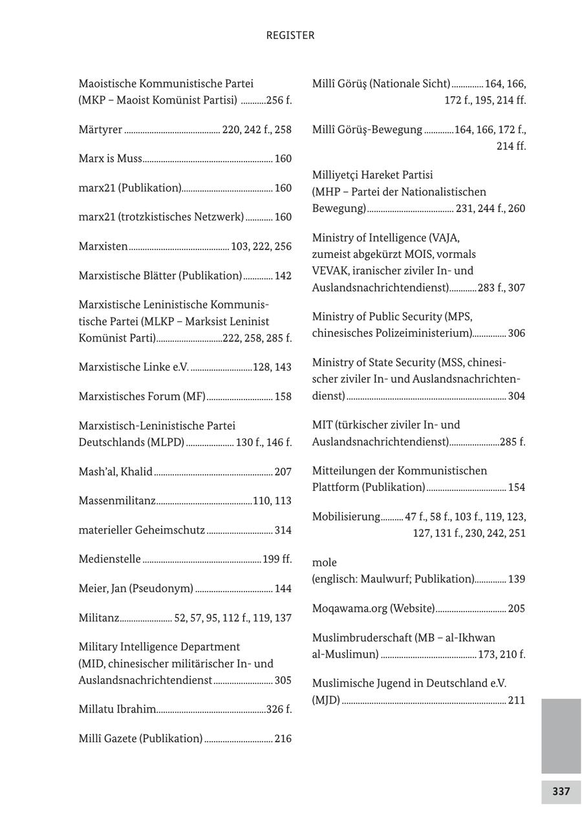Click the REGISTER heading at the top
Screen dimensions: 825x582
pyautogui.click(x=290, y=36)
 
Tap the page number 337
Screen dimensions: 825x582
pyautogui.click(x=561, y=791)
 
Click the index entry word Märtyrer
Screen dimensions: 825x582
pyautogui.click(x=100, y=130)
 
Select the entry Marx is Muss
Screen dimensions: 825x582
pyautogui.click(x=110, y=159)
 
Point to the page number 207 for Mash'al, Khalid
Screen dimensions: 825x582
pyautogui.click(x=283, y=472)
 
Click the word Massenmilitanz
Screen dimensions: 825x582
pyautogui.click(x=117, y=501)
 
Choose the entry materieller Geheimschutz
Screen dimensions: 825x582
pyautogui.click(x=142, y=530)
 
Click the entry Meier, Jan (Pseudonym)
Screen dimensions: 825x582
pyautogui.click(x=136, y=588)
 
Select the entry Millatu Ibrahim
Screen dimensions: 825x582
pyautogui.click(x=117, y=709)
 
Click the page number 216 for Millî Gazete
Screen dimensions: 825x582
pyautogui.click(x=283, y=738)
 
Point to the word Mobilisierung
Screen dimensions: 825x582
pyautogui.click(x=346, y=517)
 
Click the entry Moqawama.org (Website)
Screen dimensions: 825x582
pyautogui.click(x=373, y=608)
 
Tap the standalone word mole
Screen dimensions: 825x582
pyautogui.click(x=324, y=562)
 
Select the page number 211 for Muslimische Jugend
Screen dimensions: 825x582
pyautogui.click(x=517, y=700)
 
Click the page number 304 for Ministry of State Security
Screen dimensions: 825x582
pyautogui.click(x=517, y=396)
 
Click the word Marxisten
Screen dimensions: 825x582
pyautogui.click(x=103, y=246)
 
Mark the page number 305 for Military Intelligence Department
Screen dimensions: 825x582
pyautogui.click(x=283, y=680)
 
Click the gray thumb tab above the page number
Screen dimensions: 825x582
pyautogui.click(x=561, y=736)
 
